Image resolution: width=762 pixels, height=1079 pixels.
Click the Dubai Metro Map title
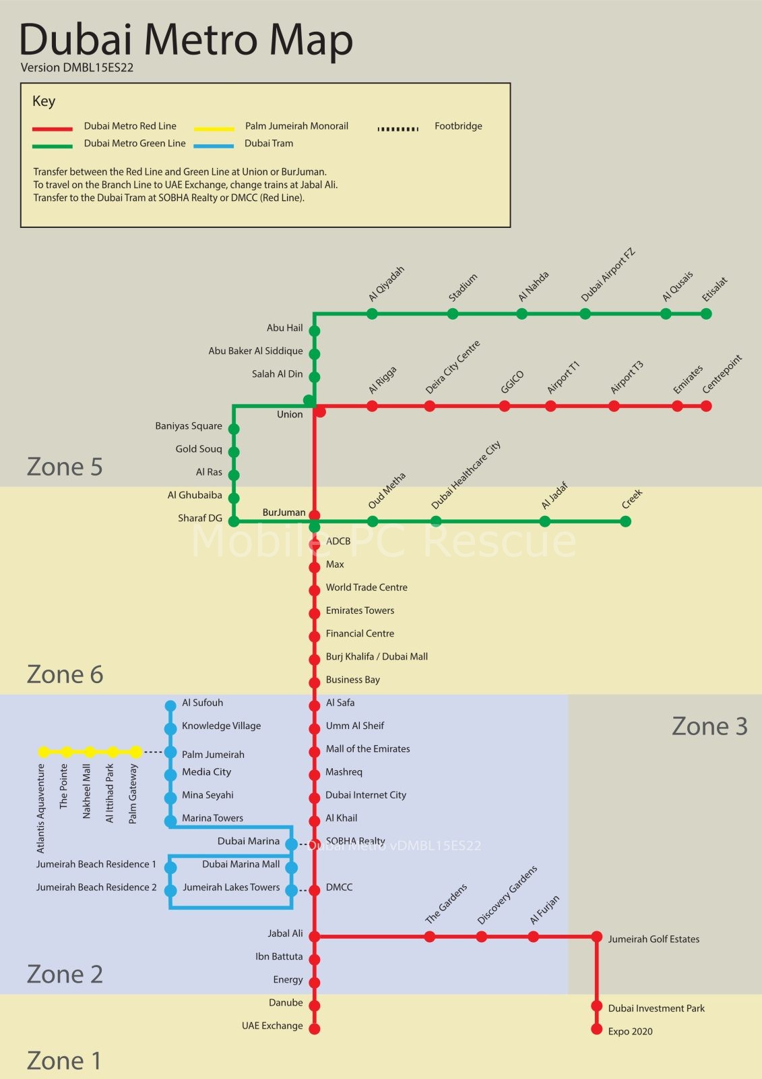(186, 39)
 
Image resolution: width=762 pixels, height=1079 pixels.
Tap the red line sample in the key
(53, 128)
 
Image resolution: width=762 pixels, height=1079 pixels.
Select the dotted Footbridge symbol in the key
(398, 128)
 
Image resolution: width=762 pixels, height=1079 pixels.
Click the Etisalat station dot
(706, 314)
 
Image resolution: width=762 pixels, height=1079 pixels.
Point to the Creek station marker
(625, 521)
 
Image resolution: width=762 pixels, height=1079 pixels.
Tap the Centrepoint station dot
(706, 406)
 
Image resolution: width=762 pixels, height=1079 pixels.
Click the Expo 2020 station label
(630, 1031)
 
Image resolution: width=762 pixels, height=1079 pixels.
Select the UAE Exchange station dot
(314, 1028)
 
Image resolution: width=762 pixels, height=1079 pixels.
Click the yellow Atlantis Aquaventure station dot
(44, 752)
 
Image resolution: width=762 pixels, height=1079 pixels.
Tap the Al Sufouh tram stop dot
(170, 706)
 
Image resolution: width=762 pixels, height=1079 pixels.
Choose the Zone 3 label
(709, 726)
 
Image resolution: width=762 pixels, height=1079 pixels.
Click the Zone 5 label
(65, 467)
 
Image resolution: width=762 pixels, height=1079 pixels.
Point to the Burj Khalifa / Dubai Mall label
(377, 656)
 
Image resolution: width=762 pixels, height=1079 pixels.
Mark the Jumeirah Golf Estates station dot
(596, 937)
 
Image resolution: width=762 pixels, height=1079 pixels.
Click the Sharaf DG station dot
(234, 521)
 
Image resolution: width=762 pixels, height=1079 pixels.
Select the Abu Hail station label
(284, 328)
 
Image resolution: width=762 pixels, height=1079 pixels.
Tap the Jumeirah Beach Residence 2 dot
(170, 891)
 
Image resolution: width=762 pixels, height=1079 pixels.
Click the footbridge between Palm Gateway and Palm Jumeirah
(154, 752)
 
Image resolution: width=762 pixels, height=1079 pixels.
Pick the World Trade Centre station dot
(314, 590)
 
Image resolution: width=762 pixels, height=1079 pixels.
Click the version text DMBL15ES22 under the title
(77, 67)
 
